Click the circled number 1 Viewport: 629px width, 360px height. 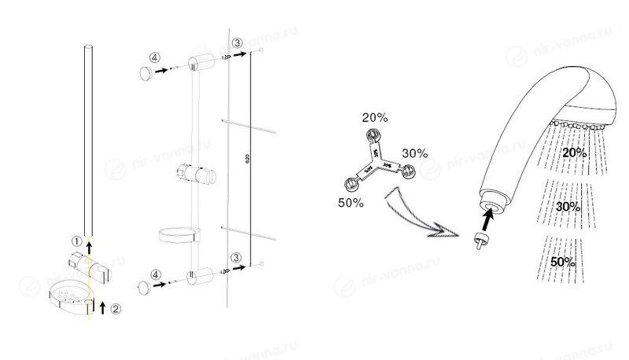[77, 241]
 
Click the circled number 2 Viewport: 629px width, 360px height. [116, 309]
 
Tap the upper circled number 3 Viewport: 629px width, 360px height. [236, 42]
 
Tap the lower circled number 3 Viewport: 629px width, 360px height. [236, 259]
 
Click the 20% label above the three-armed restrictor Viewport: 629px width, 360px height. [374, 117]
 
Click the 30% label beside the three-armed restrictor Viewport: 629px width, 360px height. [414, 152]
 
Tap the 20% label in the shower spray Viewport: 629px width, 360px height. [575, 152]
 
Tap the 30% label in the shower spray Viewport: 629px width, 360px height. [567, 207]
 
